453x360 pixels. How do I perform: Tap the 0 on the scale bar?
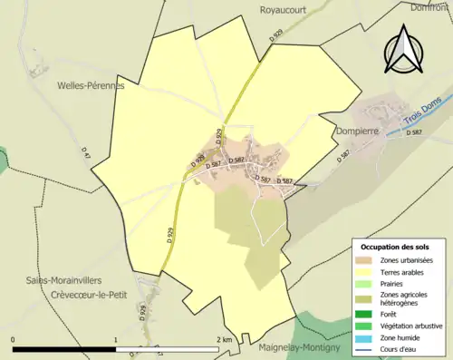pyautogui.click(x=14, y=339)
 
